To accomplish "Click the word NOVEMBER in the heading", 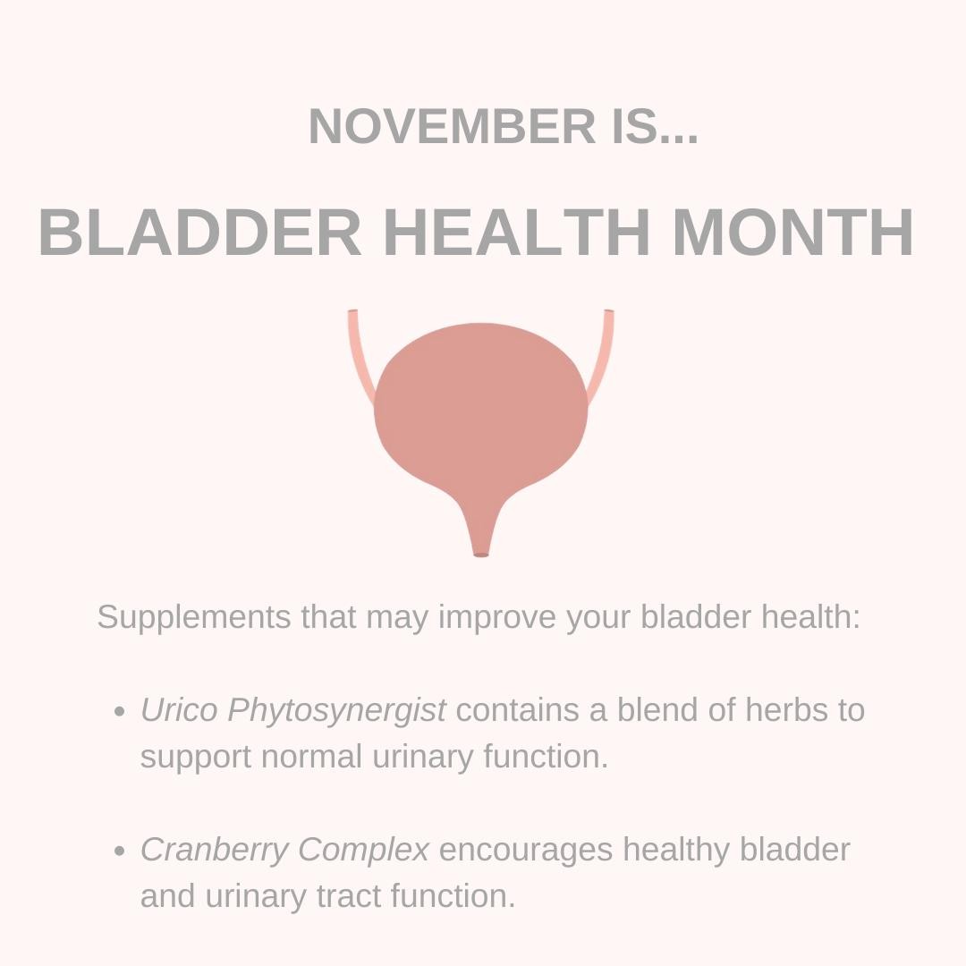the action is coord(453,126).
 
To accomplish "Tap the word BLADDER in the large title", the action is coord(200,233).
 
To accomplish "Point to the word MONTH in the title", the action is coord(793,233).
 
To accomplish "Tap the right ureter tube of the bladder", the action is coord(602,356).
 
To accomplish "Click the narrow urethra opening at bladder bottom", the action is coord(481,555).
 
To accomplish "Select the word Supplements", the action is coord(193,618).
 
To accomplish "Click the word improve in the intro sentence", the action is coord(497,618).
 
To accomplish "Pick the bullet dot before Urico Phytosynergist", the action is coord(120,712).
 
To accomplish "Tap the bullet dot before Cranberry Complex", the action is coord(120,852).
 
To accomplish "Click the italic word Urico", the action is coord(179,709).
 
